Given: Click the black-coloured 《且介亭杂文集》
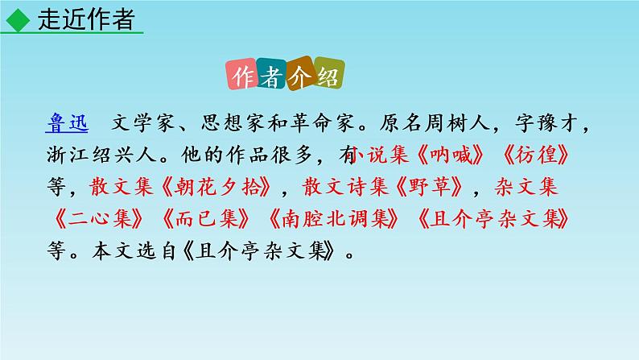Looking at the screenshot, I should tap(266, 250).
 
